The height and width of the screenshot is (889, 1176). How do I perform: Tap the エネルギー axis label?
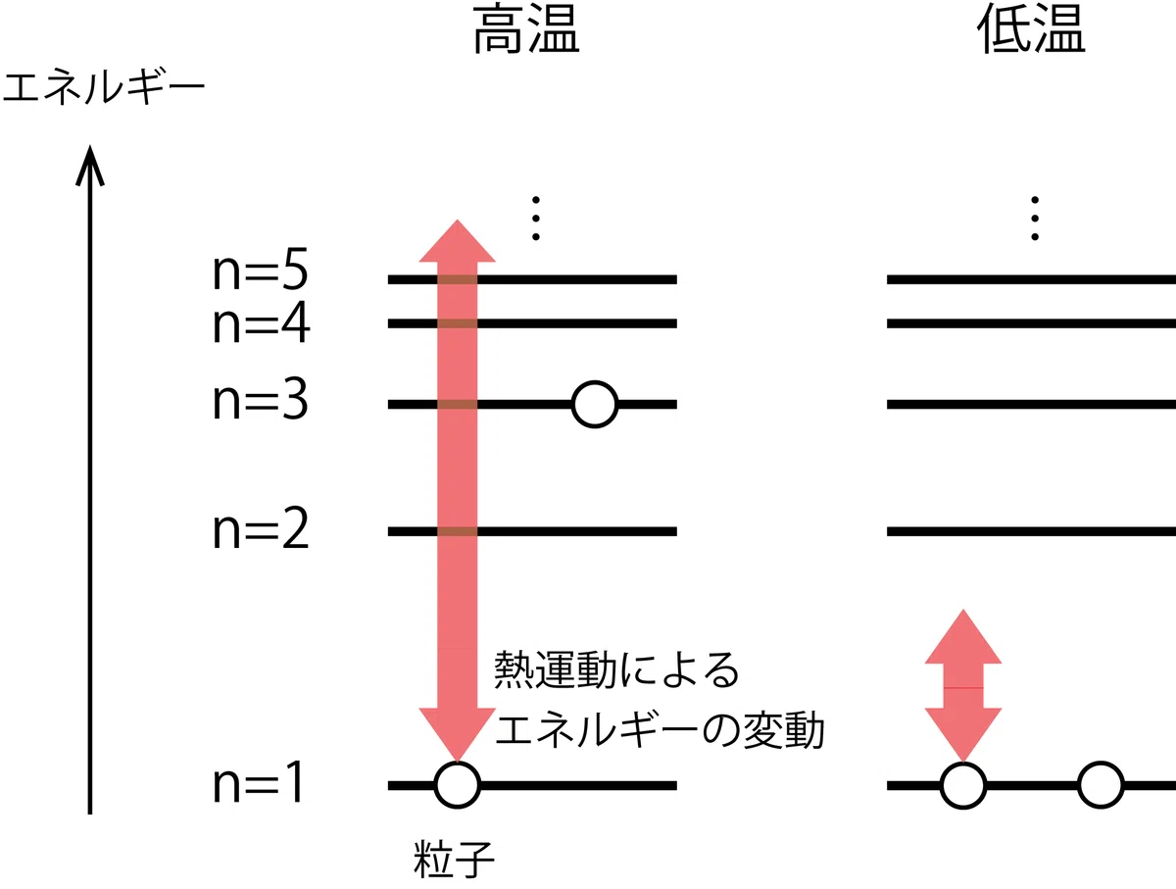(x=104, y=87)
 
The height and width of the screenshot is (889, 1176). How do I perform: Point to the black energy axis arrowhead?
(x=90, y=165)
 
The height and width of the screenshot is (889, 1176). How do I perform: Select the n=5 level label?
(x=261, y=270)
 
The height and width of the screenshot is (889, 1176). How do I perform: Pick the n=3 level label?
(x=261, y=399)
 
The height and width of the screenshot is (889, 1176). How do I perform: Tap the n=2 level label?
(x=261, y=528)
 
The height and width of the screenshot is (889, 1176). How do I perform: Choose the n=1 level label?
(x=259, y=783)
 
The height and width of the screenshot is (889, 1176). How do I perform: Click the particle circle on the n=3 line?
(x=595, y=405)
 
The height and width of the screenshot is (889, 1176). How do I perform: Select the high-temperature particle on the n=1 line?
(x=457, y=785)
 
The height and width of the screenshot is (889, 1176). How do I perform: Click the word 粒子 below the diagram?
(x=454, y=860)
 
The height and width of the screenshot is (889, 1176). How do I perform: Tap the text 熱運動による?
(x=616, y=669)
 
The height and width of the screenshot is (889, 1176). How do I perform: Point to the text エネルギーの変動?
(x=660, y=730)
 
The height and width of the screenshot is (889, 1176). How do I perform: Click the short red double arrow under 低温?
(x=963, y=685)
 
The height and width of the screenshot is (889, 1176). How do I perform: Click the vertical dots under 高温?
(x=536, y=219)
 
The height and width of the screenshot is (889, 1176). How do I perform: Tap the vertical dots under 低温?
(x=1035, y=219)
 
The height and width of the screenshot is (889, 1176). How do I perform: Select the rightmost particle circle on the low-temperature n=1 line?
(x=1101, y=785)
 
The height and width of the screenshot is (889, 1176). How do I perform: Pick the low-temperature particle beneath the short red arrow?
(x=963, y=785)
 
